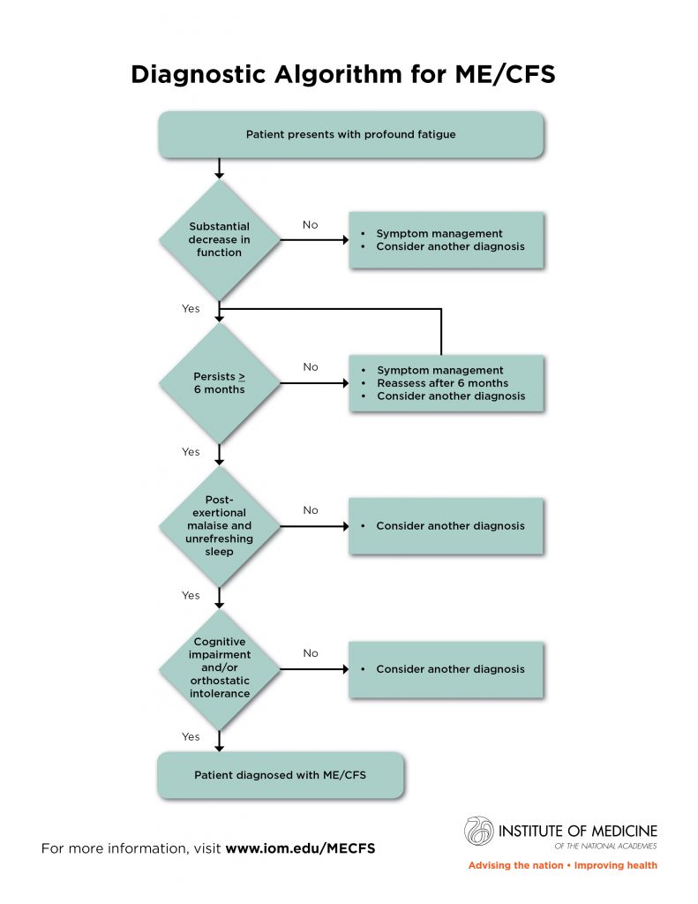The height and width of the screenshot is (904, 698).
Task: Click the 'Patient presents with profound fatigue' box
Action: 350,134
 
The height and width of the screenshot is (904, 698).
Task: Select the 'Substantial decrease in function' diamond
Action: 219,239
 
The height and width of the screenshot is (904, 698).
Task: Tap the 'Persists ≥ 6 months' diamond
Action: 219,383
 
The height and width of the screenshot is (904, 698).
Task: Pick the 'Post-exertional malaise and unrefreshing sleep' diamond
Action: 219,526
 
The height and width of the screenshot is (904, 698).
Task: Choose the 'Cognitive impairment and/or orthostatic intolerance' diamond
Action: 219,669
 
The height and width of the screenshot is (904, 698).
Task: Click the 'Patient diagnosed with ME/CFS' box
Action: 280,775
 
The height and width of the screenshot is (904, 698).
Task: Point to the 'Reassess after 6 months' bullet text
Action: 443,383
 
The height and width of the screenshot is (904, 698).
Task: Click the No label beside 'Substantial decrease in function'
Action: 310,225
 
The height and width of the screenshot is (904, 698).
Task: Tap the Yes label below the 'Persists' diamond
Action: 191,451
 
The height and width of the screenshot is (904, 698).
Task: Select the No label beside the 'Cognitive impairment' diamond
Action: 311,653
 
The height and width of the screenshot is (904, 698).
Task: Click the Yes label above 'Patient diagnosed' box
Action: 191,736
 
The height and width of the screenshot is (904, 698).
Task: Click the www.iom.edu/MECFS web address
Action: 300,848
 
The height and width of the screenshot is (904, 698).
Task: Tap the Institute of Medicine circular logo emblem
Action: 479,831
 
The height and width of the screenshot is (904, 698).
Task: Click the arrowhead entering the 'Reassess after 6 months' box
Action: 345,383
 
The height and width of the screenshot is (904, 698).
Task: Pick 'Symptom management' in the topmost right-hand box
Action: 439,233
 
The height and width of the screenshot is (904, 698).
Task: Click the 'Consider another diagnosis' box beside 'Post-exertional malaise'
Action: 447,526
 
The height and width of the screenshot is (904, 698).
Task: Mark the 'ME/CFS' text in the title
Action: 505,74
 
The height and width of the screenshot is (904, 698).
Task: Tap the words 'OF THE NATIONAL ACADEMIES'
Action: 605,846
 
